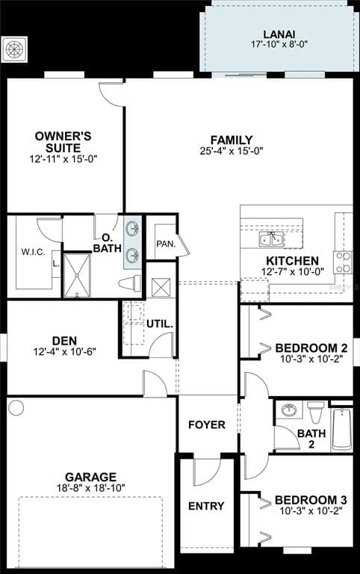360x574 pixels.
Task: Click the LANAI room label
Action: click(x=279, y=34)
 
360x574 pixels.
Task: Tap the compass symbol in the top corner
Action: click(x=16, y=49)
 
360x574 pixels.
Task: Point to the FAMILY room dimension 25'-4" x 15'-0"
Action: click(x=231, y=150)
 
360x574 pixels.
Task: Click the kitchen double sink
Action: click(x=270, y=239)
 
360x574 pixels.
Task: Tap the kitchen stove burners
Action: click(x=343, y=262)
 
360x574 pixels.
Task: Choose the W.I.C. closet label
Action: click(x=34, y=252)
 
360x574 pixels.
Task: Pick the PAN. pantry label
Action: click(x=165, y=244)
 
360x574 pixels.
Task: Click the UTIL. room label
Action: click(x=160, y=324)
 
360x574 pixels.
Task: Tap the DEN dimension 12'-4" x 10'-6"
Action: click(x=65, y=351)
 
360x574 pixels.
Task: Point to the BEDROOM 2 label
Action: click(x=311, y=348)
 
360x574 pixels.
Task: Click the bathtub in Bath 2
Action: click(x=341, y=428)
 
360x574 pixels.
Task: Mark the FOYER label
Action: click(x=207, y=425)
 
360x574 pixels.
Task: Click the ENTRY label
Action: click(x=206, y=506)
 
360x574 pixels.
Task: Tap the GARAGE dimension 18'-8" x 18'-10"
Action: click(x=90, y=488)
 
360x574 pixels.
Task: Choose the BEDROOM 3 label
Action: click(x=310, y=500)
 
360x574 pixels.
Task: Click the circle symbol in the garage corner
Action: click(x=16, y=407)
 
